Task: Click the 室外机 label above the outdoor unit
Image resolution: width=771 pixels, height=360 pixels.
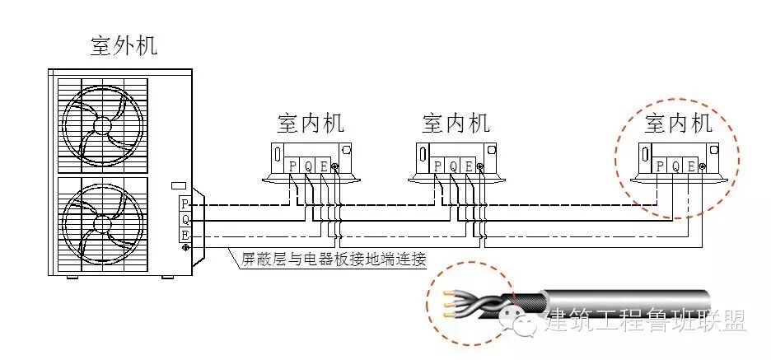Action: (124, 45)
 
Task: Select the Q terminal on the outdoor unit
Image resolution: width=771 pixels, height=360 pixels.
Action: (185, 220)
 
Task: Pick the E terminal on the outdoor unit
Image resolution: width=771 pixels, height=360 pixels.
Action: (185, 236)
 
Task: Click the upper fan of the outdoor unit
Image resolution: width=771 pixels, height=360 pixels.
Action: (101, 124)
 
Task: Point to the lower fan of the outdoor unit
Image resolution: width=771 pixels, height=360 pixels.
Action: (101, 223)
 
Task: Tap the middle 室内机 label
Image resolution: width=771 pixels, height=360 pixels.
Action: (456, 124)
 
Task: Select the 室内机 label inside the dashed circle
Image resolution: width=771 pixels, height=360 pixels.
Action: (678, 124)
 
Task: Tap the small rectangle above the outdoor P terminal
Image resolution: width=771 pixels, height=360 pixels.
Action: (178, 185)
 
